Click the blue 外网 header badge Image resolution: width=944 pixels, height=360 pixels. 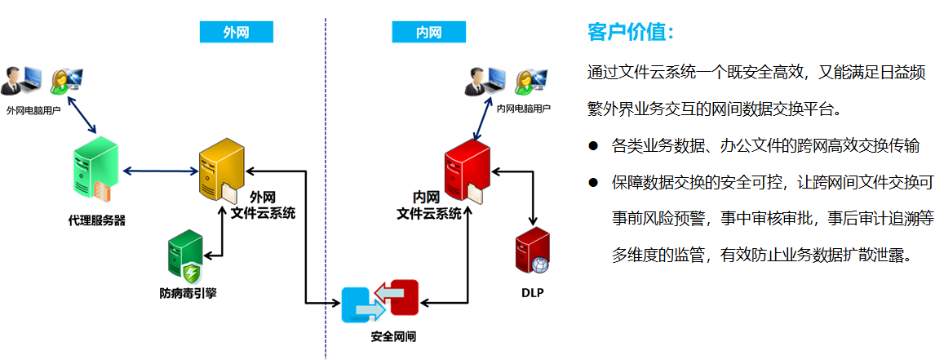point(236,32)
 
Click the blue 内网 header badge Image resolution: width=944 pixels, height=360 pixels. point(428,32)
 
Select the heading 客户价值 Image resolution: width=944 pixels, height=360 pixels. point(631,33)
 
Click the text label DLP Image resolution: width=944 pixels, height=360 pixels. point(532,292)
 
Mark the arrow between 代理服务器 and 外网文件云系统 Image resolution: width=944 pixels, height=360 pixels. point(160,171)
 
